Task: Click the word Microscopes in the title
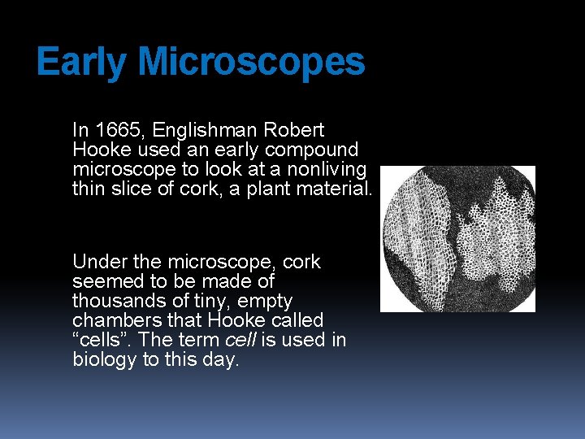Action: pos(252,63)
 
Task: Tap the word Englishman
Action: pos(201,130)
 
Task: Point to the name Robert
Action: pos(295,130)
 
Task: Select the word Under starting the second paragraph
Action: pos(97,262)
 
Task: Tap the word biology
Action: pos(104,360)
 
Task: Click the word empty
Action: pos(264,301)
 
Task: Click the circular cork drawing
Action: pos(457,239)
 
